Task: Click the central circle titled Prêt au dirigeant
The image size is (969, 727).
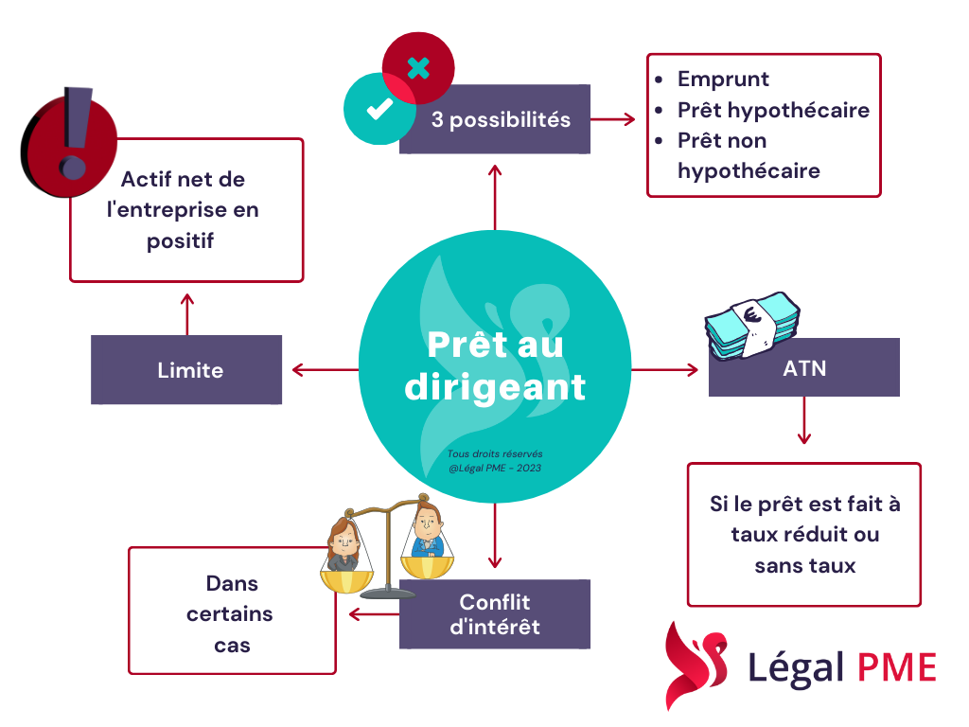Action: pyautogui.click(x=494, y=367)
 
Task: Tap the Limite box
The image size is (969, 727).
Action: pyautogui.click(x=187, y=370)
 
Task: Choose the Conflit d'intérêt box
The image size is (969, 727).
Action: pyautogui.click(x=495, y=614)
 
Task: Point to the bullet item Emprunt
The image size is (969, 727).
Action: pyautogui.click(x=723, y=80)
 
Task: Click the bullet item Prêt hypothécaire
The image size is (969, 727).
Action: pyautogui.click(x=772, y=110)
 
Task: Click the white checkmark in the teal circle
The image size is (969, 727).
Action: pyautogui.click(x=379, y=109)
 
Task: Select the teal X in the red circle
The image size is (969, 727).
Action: pyautogui.click(x=418, y=68)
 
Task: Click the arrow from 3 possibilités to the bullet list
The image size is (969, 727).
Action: pyautogui.click(x=614, y=119)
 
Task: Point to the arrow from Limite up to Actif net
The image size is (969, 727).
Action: pyautogui.click(x=187, y=312)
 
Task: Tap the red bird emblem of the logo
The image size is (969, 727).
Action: pyautogui.click(x=696, y=665)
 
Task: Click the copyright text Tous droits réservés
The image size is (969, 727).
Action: pyautogui.click(x=495, y=454)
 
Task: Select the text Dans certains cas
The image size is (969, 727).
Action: pyautogui.click(x=230, y=613)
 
